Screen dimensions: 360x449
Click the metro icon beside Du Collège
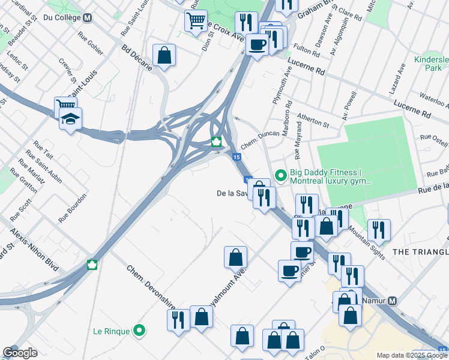(88, 18)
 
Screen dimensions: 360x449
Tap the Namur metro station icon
(393, 301)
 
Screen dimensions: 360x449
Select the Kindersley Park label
(430, 64)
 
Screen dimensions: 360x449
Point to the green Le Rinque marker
(139, 330)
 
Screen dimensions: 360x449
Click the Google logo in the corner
(20, 352)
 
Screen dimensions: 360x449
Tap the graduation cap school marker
(70, 119)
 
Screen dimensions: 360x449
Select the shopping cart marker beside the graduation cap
(65, 107)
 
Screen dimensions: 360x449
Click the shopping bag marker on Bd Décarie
(164, 56)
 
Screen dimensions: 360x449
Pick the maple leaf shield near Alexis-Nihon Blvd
(92, 265)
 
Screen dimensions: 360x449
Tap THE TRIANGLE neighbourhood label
(420, 252)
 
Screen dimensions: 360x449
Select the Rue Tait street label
(44, 149)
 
